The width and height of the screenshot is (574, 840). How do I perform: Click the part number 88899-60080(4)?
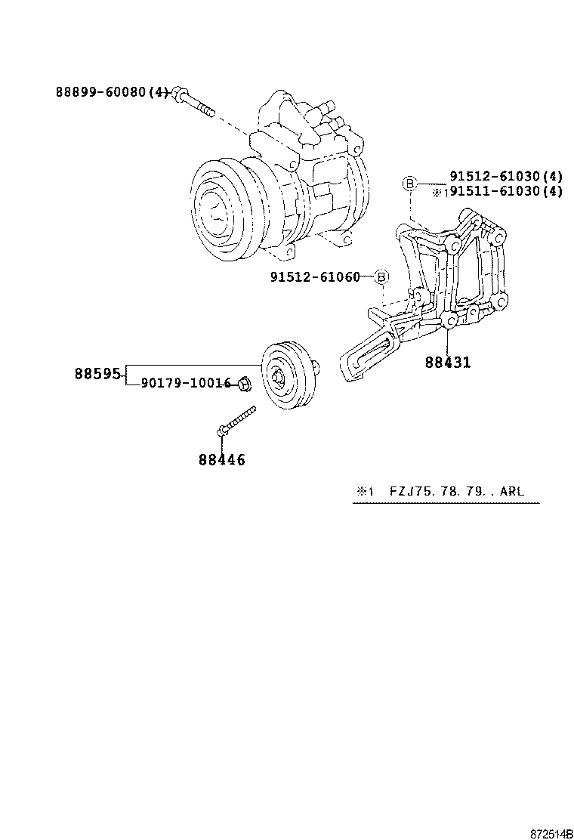click(x=112, y=92)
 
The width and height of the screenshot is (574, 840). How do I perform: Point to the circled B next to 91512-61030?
click(x=409, y=183)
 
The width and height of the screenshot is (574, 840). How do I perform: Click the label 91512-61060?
click(x=315, y=277)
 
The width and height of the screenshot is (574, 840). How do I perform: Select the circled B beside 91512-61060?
click(x=382, y=277)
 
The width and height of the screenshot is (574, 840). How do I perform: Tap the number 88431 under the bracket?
click(x=447, y=363)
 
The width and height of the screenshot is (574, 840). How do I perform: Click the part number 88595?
click(x=97, y=373)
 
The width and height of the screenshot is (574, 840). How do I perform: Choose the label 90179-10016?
click(x=185, y=383)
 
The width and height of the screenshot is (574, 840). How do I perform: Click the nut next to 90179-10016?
click(x=243, y=384)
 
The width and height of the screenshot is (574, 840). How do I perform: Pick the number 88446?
click(x=222, y=459)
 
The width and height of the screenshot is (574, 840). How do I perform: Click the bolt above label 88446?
click(x=236, y=420)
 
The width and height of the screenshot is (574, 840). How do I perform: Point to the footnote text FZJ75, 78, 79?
click(x=430, y=491)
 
